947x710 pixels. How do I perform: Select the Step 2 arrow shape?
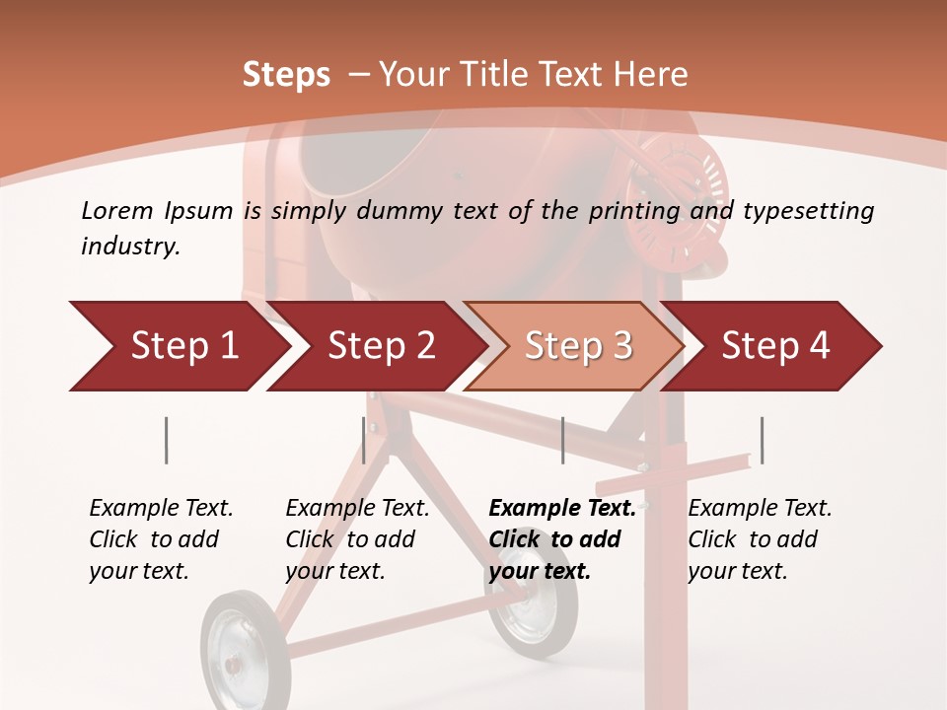point(375,346)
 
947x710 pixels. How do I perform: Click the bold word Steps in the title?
point(286,75)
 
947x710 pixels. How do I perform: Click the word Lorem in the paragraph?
point(116,211)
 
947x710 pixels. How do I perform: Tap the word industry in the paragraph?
point(128,247)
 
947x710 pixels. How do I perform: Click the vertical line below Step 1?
point(167,440)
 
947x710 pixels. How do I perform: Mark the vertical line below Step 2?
point(364,440)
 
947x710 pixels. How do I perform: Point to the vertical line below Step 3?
point(562,440)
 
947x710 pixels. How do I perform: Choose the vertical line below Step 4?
point(762,440)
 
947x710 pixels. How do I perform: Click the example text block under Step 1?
point(161,539)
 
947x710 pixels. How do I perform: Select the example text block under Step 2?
point(357,539)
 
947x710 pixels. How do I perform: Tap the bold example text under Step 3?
point(561,539)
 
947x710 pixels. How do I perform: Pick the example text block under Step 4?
point(760,539)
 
